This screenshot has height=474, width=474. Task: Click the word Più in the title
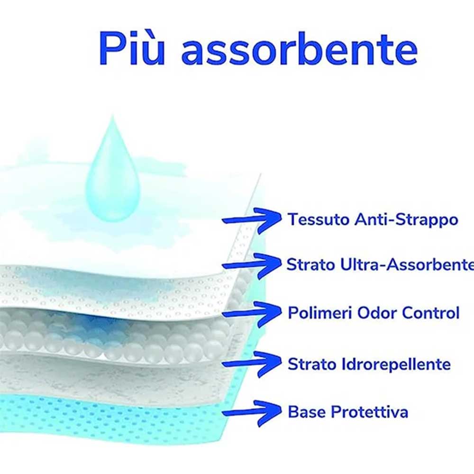pos(132,48)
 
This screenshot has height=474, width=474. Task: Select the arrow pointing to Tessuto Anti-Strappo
pos(251,221)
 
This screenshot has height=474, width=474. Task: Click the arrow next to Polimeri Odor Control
pos(251,314)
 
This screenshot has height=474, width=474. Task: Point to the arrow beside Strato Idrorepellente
pos(251,364)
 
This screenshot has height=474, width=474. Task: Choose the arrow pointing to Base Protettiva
pos(251,413)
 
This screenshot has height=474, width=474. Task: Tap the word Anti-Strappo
pos(407,220)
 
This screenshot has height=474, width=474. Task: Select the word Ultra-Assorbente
pos(407,265)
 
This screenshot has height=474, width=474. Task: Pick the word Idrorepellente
pos(396,364)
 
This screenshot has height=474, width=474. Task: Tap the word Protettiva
pos(369,412)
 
